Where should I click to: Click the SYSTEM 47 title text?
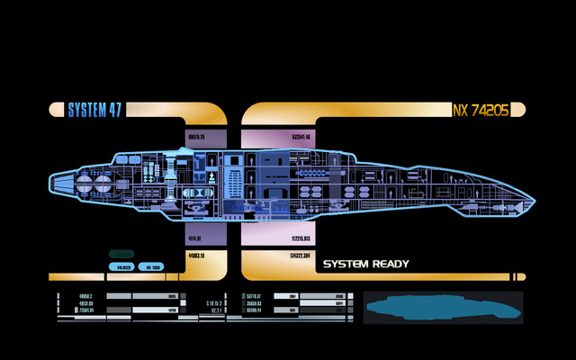[x=95, y=110]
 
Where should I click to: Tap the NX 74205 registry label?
[x=481, y=110]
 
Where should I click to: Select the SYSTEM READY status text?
[x=365, y=265]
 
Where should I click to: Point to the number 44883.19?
[x=197, y=256]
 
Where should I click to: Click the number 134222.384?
[x=301, y=256]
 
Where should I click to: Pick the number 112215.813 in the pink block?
[x=301, y=239]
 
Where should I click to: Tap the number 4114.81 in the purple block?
[x=194, y=239]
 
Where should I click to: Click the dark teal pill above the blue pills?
[x=122, y=254]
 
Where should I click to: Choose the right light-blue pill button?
[x=148, y=267]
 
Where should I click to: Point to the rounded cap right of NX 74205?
[x=519, y=110]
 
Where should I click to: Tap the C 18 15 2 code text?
[x=213, y=303]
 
